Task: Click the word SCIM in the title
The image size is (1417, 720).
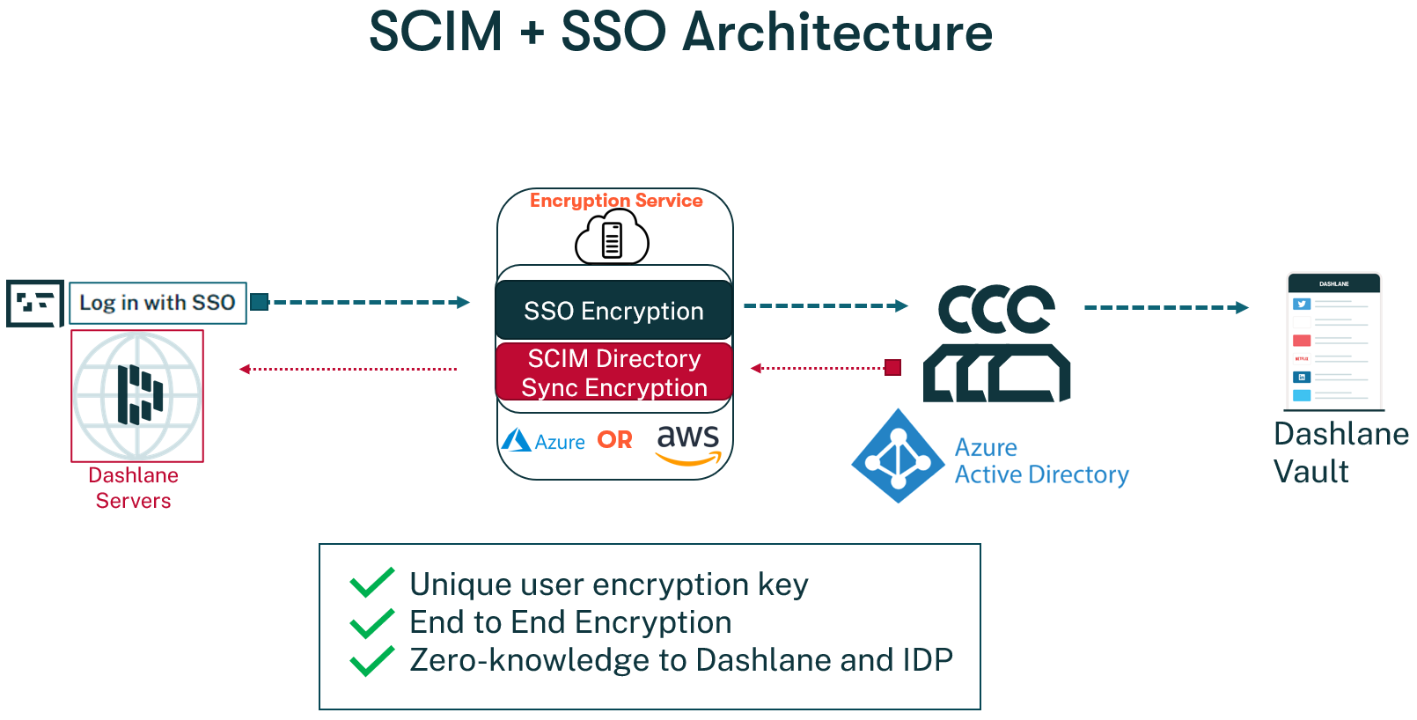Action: (x=436, y=32)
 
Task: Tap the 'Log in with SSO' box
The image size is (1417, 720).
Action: (x=158, y=303)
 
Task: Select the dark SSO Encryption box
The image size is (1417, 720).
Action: (x=613, y=310)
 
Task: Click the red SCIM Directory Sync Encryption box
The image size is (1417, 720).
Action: (x=613, y=372)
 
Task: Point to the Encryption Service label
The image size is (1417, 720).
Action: (x=616, y=201)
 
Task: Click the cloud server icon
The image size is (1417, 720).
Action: (x=612, y=237)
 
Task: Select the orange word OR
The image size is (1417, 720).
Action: (x=614, y=440)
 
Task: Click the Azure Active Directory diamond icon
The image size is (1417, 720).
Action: (x=899, y=456)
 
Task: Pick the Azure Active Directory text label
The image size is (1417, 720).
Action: (x=1041, y=461)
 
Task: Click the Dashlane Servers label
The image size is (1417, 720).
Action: (x=134, y=488)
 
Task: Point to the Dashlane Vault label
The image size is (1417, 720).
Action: (x=1340, y=452)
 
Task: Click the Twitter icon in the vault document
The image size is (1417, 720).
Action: (x=1301, y=305)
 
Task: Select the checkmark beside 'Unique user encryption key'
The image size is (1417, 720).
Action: (x=372, y=583)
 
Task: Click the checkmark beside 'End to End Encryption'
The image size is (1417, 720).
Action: (x=372, y=623)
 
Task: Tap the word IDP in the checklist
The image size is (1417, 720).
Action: (x=928, y=660)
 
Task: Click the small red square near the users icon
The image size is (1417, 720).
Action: (x=892, y=368)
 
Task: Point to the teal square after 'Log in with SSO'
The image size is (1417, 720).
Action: (x=260, y=302)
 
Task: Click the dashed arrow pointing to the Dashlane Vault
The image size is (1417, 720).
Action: (x=1166, y=307)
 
